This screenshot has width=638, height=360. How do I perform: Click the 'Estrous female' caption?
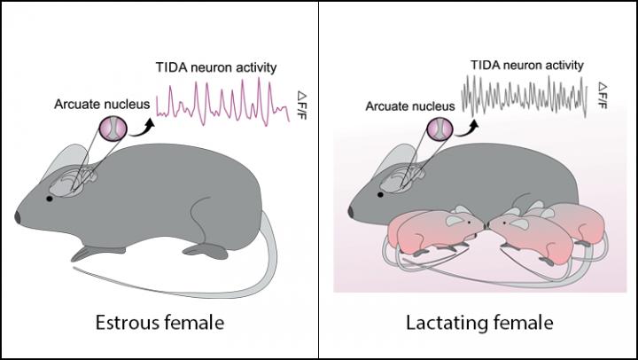[x=159, y=320]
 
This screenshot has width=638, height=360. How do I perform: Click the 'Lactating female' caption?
[x=477, y=320]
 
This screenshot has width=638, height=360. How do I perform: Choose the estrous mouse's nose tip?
[x=17, y=218]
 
